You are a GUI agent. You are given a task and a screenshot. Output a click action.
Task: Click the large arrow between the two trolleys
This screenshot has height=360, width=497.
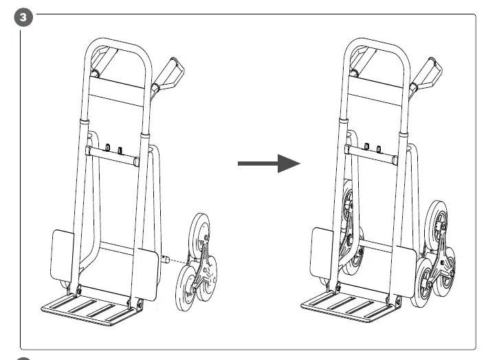pyautogui.click(x=269, y=164)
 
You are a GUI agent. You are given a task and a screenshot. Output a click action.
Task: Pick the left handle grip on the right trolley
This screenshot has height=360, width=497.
pyautogui.click(x=357, y=60)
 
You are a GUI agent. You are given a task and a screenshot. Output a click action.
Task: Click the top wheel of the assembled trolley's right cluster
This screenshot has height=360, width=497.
pyautogui.click(x=437, y=221)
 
